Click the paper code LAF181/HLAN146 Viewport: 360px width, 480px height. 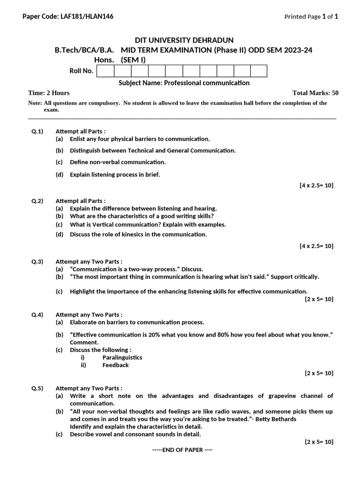tap(87, 16)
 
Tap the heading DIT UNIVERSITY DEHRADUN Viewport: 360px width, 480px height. tap(180, 40)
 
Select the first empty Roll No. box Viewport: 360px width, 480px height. tap(105, 71)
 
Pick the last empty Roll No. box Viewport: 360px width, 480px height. tap(258, 71)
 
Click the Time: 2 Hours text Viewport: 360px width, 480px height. tap(49, 93)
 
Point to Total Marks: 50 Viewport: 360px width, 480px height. tap(315, 93)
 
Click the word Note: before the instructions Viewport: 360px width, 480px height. tap(35, 103)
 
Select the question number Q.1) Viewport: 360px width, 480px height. tap(37, 131)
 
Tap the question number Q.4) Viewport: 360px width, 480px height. tap(37, 315)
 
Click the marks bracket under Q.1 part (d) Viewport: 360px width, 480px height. tap(316, 185)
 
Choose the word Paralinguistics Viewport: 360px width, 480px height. tap(122, 357)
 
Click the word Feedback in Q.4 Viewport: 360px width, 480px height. tap(115, 365)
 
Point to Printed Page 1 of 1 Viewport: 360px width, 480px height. tap(311, 16)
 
